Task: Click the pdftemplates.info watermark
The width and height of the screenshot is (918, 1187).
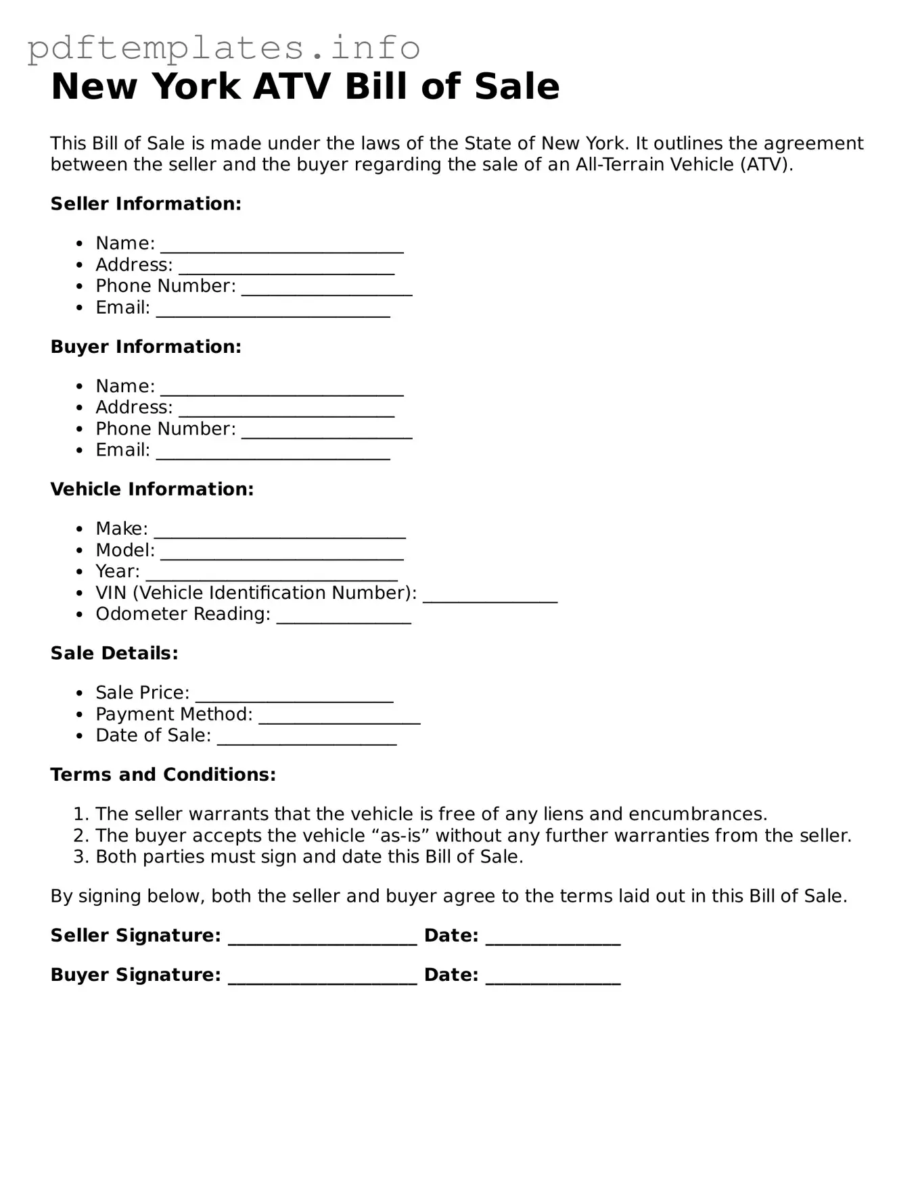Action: point(223,47)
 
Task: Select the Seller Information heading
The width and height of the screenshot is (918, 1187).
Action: point(145,203)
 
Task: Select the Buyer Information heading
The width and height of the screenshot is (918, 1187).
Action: point(145,346)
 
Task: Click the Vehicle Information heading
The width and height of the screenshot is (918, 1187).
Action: point(152,489)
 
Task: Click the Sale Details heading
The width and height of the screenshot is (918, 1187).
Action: point(114,653)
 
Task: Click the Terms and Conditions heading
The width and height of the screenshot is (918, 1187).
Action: point(163,774)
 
